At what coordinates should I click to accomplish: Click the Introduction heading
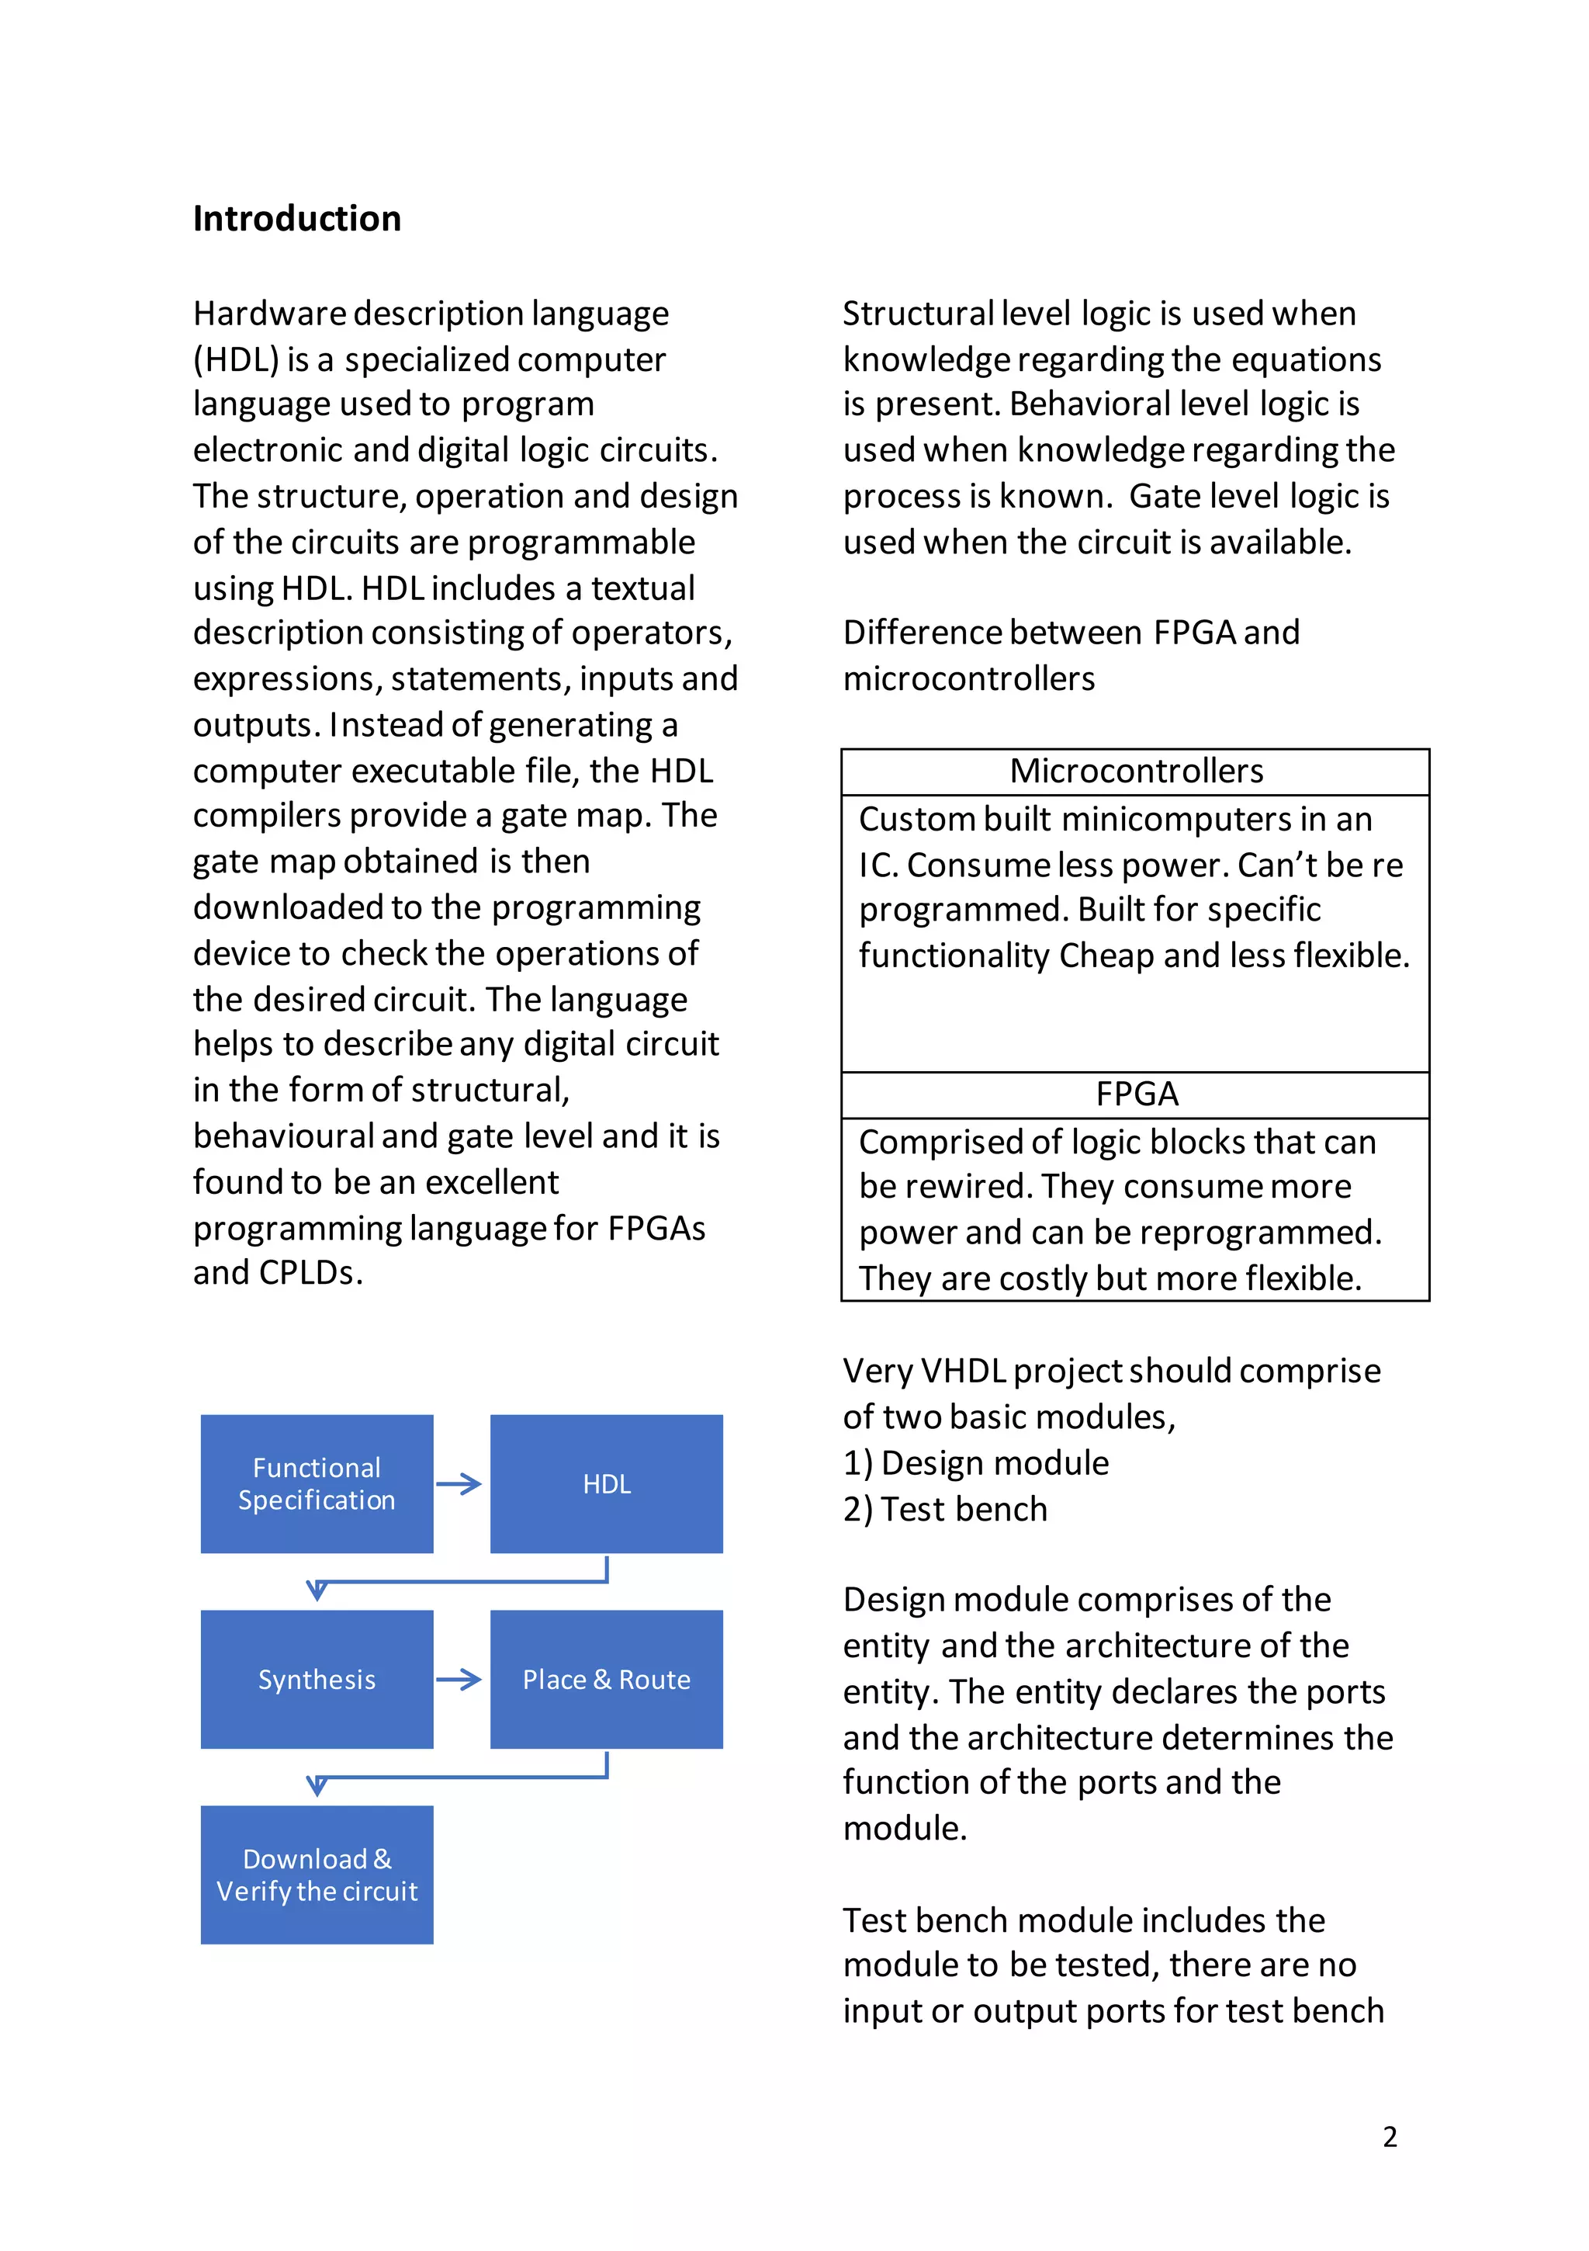(296, 219)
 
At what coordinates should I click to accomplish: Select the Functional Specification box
(317, 1483)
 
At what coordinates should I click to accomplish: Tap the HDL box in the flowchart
(606, 1483)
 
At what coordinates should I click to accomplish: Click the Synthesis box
(317, 1680)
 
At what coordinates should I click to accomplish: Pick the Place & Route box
(606, 1680)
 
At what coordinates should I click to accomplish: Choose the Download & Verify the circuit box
(317, 1875)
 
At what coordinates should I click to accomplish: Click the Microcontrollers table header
(1135, 772)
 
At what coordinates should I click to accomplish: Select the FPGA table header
(1135, 1094)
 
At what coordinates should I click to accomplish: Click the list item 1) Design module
(975, 1462)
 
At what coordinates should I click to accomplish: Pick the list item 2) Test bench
(945, 1509)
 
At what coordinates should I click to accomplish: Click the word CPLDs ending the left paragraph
(311, 1272)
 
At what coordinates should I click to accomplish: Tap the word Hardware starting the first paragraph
(268, 314)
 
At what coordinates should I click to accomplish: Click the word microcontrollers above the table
(968, 678)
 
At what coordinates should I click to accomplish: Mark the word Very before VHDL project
(878, 1371)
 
